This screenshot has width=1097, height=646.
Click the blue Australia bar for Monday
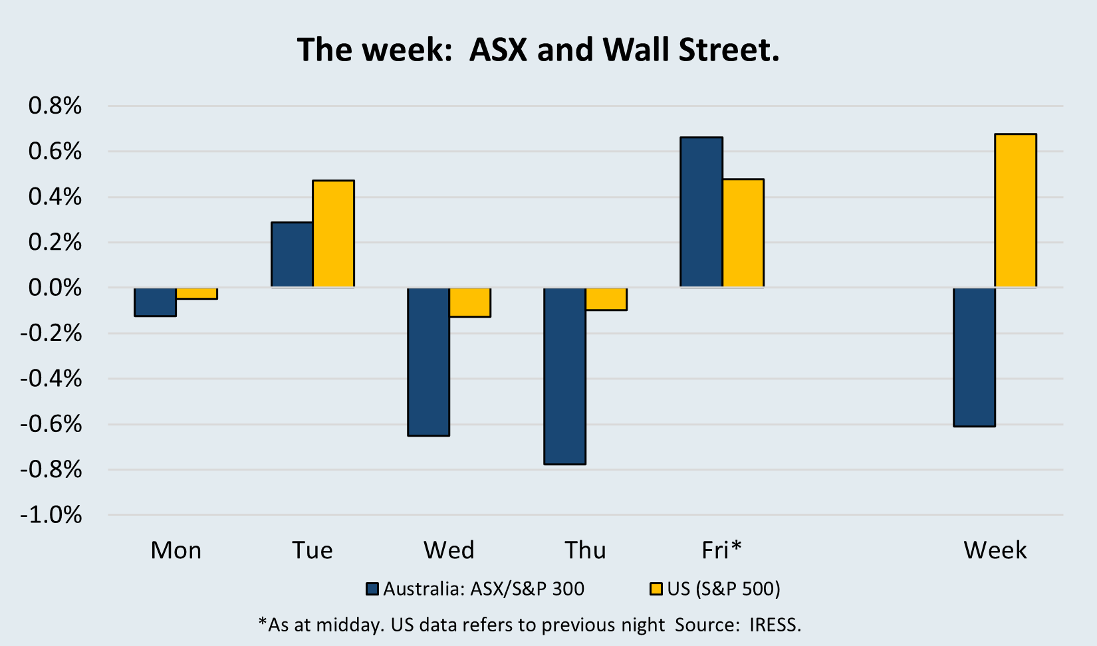pos(156,302)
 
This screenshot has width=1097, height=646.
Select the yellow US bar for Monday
pos(197,293)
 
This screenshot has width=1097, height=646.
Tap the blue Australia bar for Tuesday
pos(292,255)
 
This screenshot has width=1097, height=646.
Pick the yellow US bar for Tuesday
pos(334,233)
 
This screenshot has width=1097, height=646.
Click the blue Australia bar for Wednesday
pos(429,362)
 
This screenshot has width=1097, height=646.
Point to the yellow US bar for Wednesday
pos(470,302)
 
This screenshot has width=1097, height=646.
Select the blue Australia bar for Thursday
pos(564,376)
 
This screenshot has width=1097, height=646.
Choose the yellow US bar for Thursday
pos(606,299)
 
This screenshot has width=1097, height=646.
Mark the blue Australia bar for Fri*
pos(701,212)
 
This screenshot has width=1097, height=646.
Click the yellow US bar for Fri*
pos(743,233)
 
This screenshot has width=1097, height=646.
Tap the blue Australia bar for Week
pos(975,358)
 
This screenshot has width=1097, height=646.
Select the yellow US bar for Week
pos(1016,211)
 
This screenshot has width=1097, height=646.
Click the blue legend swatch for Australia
pos(372,589)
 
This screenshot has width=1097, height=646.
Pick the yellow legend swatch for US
pos(656,589)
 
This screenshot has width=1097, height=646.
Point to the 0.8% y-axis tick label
pos(55,106)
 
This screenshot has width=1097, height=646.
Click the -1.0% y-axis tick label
pos(51,515)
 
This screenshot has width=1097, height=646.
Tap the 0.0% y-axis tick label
pos(55,288)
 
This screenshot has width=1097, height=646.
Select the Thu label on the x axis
pos(585,550)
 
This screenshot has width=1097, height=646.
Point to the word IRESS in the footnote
pos(775,625)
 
